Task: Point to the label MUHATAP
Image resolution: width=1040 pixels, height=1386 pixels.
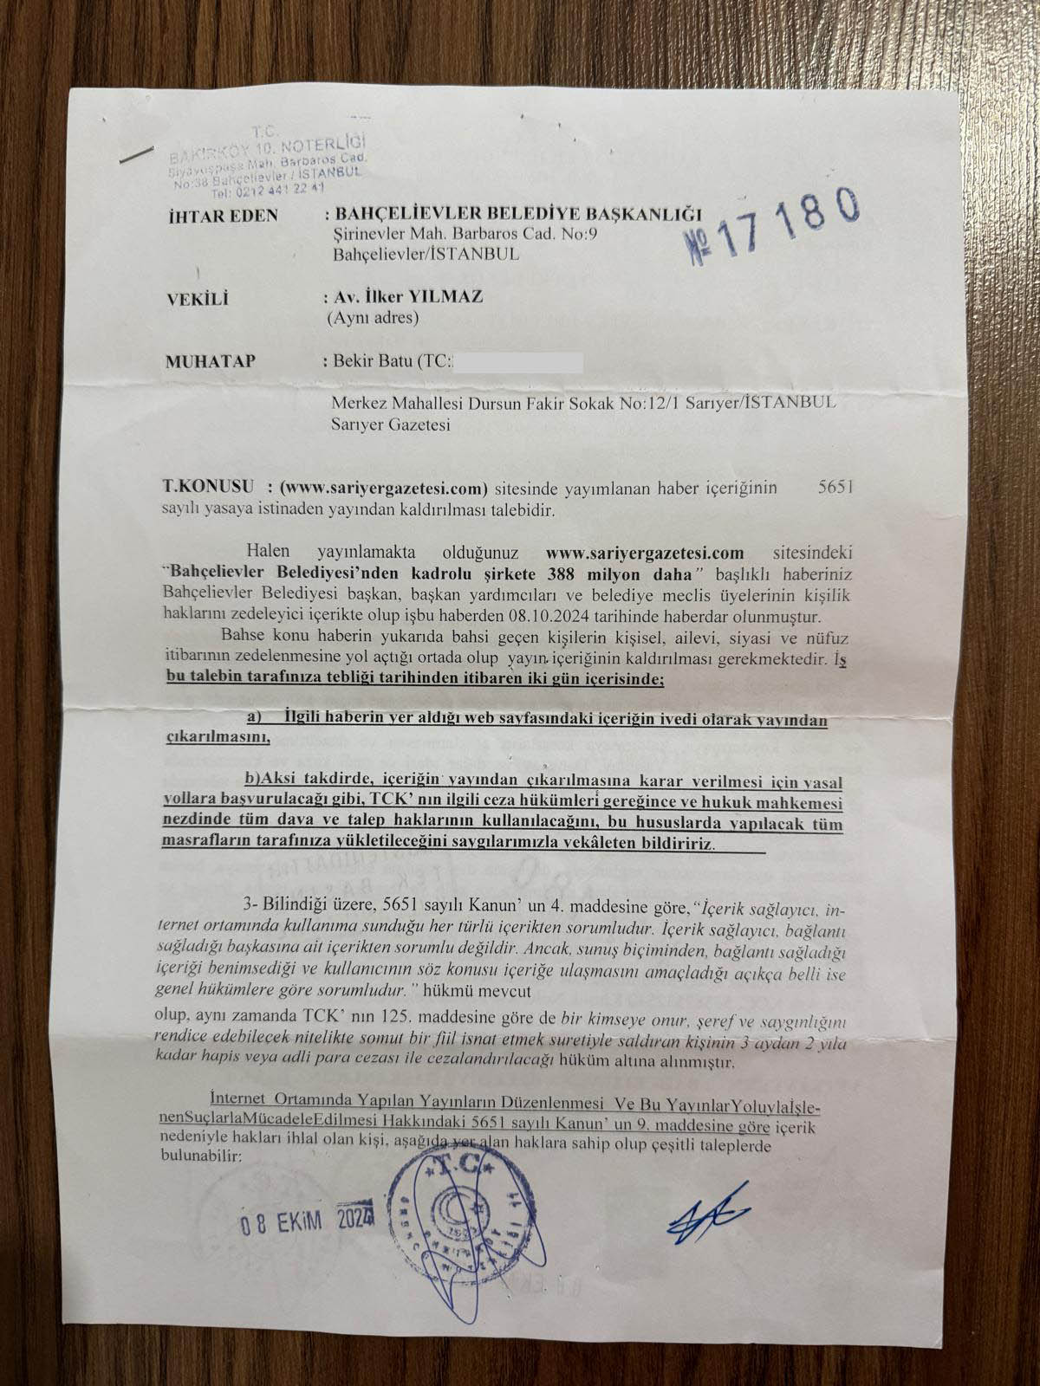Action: pos(210,361)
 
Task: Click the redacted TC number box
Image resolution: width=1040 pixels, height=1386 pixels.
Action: pos(518,362)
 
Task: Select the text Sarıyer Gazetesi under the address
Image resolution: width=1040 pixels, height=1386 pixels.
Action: pos(391,424)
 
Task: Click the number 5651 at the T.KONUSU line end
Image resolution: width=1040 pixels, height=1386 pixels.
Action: pos(835,487)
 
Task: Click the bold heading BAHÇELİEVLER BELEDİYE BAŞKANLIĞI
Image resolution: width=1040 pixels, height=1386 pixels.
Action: pos(517,214)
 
